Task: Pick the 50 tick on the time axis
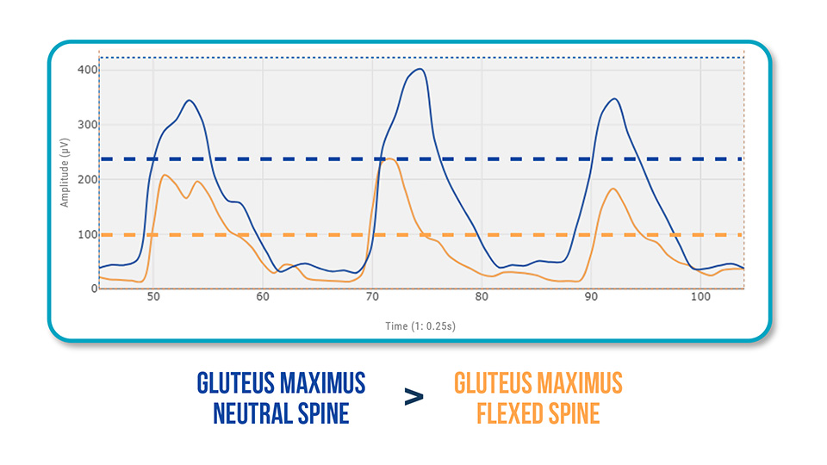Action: [x=153, y=297]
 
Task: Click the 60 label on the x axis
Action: [x=263, y=297]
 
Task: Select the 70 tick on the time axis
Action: [x=372, y=297]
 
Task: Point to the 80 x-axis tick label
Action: [x=482, y=297]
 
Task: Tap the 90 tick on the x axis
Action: [x=591, y=297]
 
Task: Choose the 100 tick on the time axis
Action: [x=700, y=297]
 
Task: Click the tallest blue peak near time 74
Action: [x=419, y=69]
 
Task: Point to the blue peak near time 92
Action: [x=613, y=99]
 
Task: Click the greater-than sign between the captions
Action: [x=414, y=397]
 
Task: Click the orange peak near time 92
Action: [x=612, y=189]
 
